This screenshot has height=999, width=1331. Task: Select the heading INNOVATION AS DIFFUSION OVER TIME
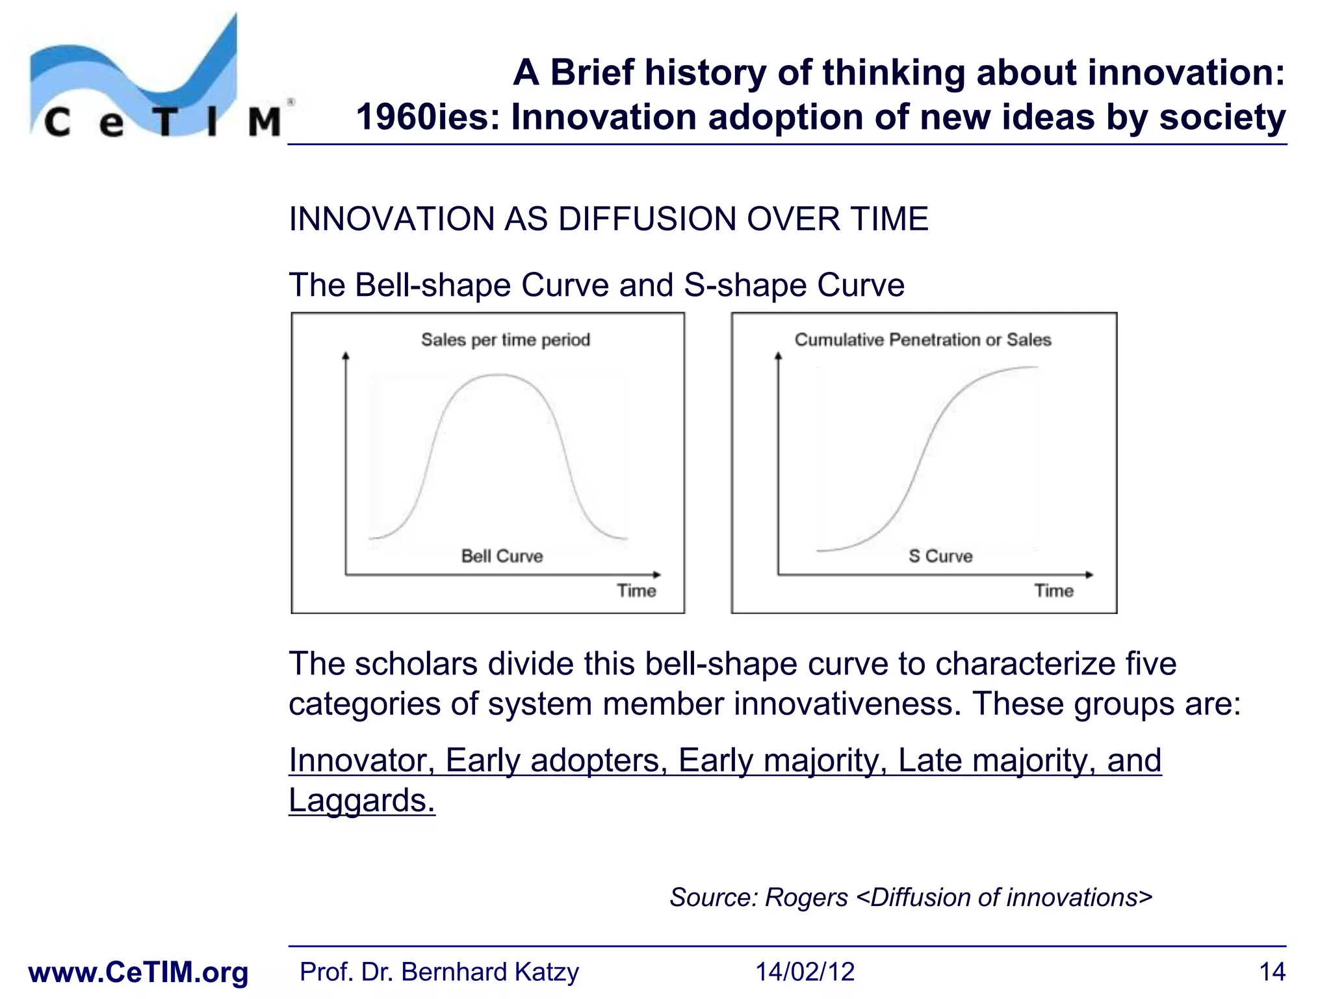click(608, 219)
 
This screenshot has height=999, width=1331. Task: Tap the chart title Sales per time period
click(505, 340)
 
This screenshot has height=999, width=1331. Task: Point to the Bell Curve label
click(502, 556)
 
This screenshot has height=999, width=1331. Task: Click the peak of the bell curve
click(497, 375)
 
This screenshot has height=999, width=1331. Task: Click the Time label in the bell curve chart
click(636, 591)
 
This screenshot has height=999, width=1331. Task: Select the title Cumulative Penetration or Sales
click(923, 340)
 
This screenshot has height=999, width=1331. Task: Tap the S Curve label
click(940, 556)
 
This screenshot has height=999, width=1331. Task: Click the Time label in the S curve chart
click(1053, 591)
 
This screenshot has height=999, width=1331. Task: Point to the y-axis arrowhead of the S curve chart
click(778, 356)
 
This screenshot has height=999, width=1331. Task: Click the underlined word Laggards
click(361, 800)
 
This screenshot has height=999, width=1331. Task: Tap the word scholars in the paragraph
click(416, 664)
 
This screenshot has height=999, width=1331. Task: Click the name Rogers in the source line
click(807, 898)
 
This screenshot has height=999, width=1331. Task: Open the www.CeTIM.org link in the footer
click(138, 972)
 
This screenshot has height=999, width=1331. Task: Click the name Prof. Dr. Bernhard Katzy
click(439, 972)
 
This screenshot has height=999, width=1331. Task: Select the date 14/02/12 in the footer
click(805, 972)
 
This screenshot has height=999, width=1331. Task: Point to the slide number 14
click(1272, 972)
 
